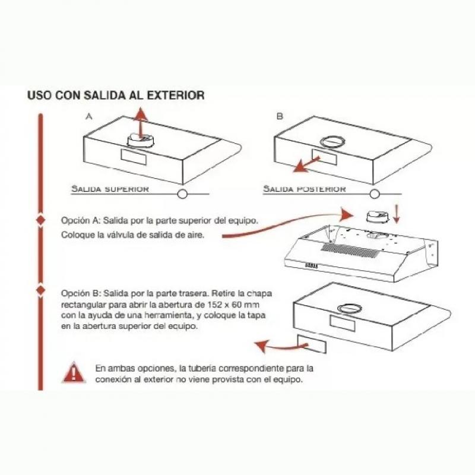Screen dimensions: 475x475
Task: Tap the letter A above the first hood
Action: point(88,117)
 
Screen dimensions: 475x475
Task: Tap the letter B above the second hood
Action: point(280,117)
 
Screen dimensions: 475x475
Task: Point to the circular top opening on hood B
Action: point(332,142)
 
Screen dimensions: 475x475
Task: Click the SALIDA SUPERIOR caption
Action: point(110,189)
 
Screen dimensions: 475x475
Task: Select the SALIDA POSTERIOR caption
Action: point(304,189)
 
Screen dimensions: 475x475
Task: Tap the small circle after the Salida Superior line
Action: point(182,194)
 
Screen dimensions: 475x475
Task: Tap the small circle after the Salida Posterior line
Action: point(373,194)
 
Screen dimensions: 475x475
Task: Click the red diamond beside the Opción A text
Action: point(41,220)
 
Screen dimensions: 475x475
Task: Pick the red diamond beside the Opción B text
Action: point(41,290)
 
